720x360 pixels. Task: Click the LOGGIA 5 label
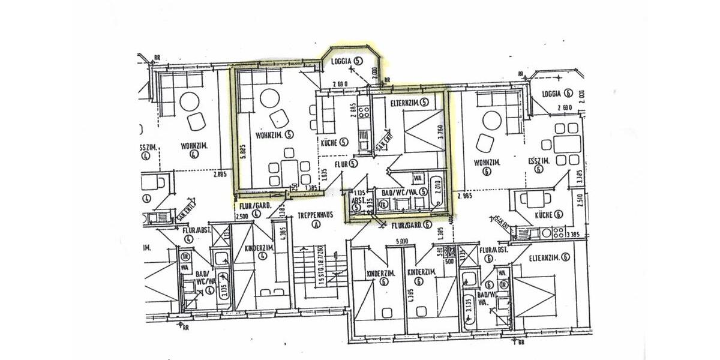(347, 60)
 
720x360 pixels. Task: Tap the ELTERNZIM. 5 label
(409, 103)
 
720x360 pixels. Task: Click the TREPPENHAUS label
(314, 215)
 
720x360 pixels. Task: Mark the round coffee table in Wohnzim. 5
(268, 97)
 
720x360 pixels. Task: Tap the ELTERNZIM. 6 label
(548, 257)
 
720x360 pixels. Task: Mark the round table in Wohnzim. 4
(190, 100)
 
